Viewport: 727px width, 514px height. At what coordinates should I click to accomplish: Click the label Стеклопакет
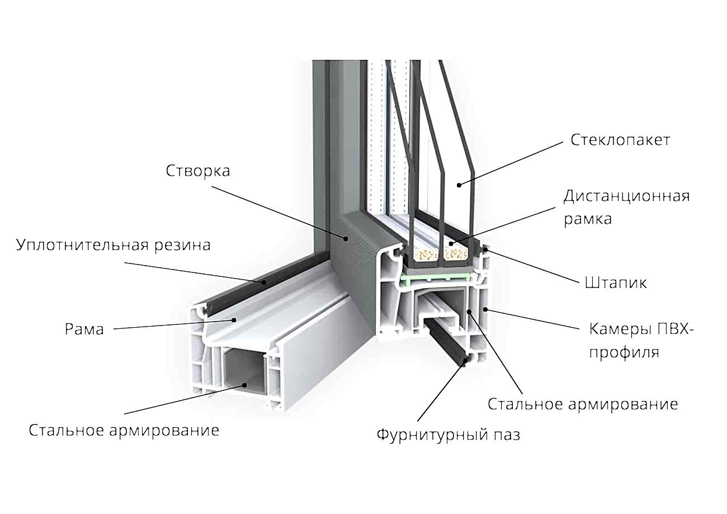click(620, 140)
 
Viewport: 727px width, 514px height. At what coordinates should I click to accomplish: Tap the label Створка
click(197, 171)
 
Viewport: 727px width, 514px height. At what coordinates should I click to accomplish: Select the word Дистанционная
click(626, 196)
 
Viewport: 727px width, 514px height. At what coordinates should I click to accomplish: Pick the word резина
click(183, 245)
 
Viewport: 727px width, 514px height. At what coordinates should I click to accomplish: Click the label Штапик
click(616, 283)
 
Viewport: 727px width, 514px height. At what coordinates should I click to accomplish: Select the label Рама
click(84, 329)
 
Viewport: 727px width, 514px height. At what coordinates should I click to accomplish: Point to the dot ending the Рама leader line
click(235, 320)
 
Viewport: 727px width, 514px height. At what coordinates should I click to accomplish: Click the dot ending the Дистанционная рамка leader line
click(451, 244)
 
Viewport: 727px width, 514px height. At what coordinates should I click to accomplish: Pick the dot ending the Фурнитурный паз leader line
click(466, 363)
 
